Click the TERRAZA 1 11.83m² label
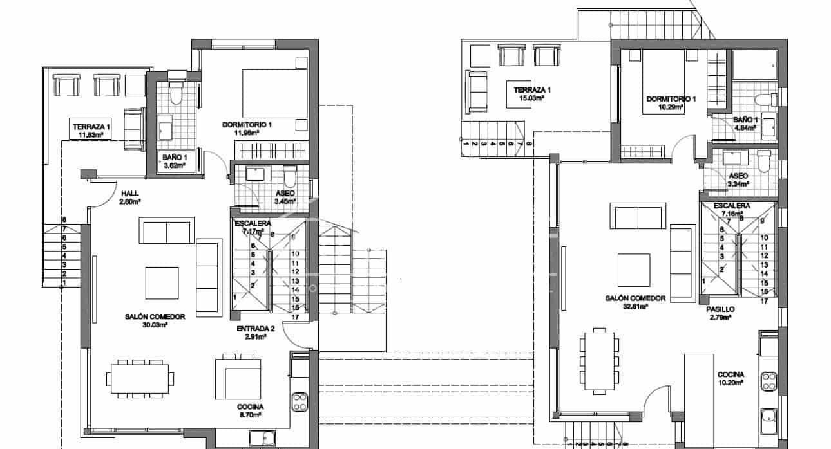coord(91,131)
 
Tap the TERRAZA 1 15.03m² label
coord(527,94)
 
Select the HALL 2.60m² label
coord(130,197)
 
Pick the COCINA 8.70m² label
coord(250,411)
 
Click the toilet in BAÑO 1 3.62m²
coord(176,95)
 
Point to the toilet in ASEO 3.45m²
coord(290,176)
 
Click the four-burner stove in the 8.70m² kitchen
coord(300,403)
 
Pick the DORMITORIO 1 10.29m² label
coord(671,104)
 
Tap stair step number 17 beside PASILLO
coord(764,300)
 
